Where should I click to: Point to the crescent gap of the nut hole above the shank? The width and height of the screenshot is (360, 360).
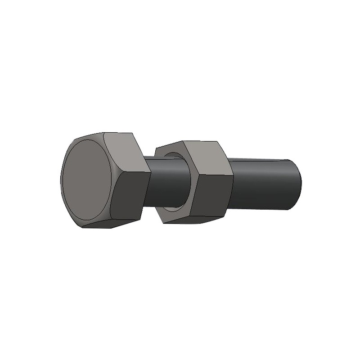(173, 155)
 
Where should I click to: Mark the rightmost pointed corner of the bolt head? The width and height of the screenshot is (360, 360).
(150, 171)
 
